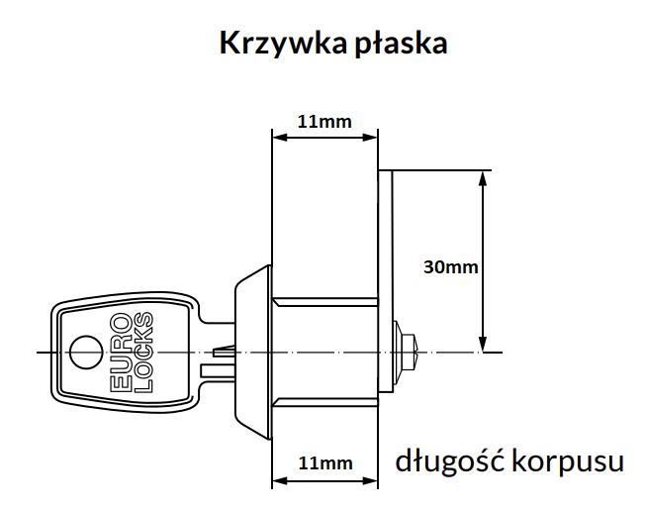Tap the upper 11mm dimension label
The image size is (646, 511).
tap(324, 122)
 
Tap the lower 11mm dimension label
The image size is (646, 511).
tap(324, 462)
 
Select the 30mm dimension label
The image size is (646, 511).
tap(450, 266)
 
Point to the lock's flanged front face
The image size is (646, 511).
tap(252, 352)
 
